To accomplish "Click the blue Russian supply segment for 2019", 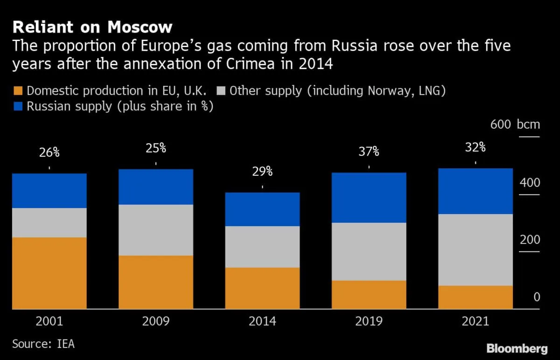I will tap(369, 198).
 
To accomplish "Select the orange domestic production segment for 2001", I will tap(49, 273).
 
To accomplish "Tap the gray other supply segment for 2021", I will tap(475, 249).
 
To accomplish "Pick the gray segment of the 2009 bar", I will tap(155, 230).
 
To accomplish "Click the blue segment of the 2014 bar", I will tap(262, 209).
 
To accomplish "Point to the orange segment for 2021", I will tap(475, 297).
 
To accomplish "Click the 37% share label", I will tap(369, 152).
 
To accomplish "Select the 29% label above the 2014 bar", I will tap(262, 171).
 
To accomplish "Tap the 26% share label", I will tap(49, 152).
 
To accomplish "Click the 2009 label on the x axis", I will tap(156, 321).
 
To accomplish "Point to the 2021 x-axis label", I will tap(476, 321).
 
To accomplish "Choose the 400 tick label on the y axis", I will tap(530, 182).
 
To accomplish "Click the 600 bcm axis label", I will tap(515, 125).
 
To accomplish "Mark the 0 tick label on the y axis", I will tap(537, 297).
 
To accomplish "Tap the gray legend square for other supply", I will tap(221, 90).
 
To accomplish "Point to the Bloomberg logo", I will tap(517, 348).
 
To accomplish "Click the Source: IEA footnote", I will tap(43, 344).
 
